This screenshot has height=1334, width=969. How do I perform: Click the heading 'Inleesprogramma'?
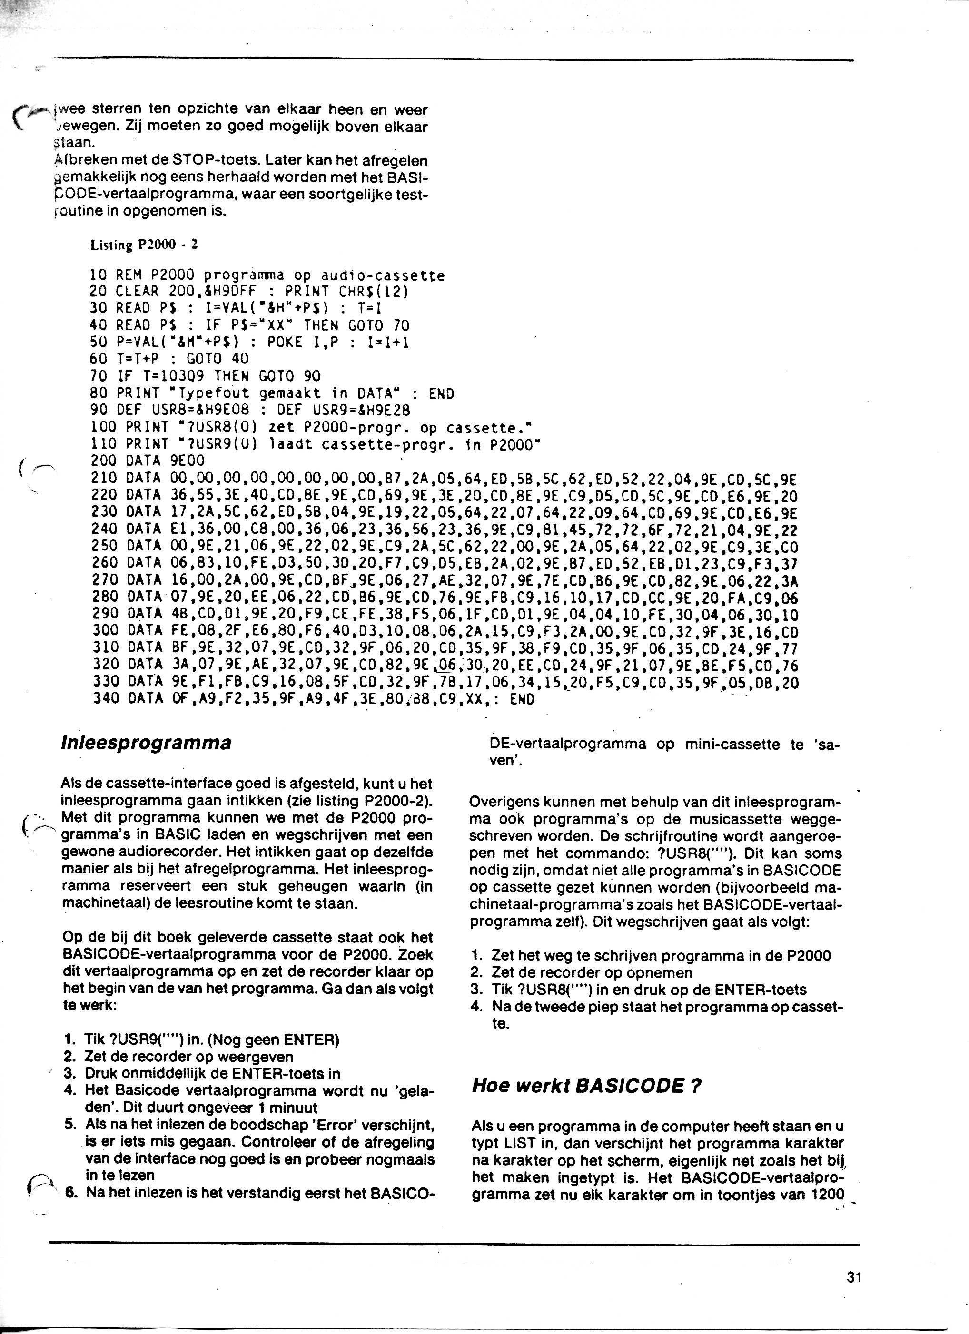tap(146, 743)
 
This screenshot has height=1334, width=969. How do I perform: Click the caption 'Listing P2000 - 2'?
tap(144, 245)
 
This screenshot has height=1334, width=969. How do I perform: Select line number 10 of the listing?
tap(98, 275)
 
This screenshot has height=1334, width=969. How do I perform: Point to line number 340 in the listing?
tap(107, 699)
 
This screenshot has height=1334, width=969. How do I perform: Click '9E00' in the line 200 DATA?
tap(187, 461)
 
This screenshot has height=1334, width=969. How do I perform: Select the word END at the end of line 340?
tap(522, 699)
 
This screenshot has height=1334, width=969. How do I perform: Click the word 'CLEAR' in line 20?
tap(137, 292)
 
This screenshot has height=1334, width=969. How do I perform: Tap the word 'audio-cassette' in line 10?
tap(383, 275)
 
